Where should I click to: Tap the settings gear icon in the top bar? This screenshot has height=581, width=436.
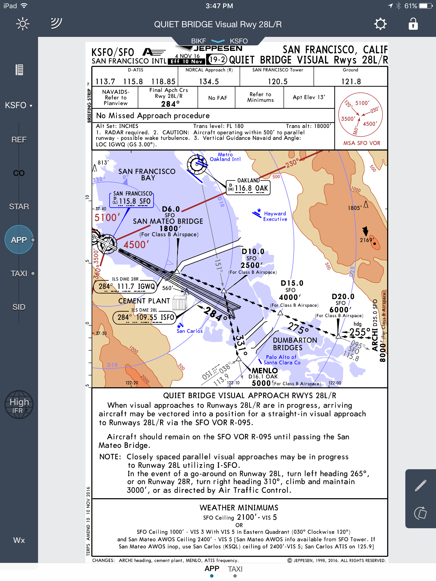click(x=380, y=24)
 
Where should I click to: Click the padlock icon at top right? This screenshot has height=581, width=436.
click(x=413, y=24)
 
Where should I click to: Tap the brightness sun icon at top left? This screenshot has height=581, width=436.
click(x=23, y=24)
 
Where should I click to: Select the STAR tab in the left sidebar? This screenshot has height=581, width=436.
click(x=19, y=207)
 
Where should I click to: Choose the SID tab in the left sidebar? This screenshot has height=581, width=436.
click(x=19, y=307)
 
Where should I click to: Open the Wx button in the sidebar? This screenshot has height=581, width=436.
click(x=19, y=540)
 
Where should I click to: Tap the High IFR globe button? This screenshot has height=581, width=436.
click(x=19, y=405)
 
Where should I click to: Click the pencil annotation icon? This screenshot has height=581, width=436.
click(x=420, y=485)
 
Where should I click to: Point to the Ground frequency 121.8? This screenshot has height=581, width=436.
click(x=351, y=82)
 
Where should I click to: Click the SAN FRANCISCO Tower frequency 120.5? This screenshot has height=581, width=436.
click(x=278, y=82)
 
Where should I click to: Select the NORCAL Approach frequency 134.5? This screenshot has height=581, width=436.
click(x=209, y=82)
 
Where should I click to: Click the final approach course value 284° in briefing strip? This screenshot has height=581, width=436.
click(x=170, y=104)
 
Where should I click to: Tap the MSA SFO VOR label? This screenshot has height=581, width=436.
click(x=362, y=143)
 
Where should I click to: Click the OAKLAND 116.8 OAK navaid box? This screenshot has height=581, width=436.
click(x=248, y=188)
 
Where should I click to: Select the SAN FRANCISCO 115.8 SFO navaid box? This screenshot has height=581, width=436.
click(x=131, y=200)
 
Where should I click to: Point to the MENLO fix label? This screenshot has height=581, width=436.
click(x=265, y=371)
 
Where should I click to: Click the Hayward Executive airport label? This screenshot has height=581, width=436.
click(x=275, y=216)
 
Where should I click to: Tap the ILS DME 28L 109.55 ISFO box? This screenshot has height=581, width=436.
click(x=144, y=317)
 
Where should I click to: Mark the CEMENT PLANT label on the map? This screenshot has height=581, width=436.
click(x=144, y=301)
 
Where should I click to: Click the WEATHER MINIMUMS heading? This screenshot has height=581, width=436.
click(x=239, y=508)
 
